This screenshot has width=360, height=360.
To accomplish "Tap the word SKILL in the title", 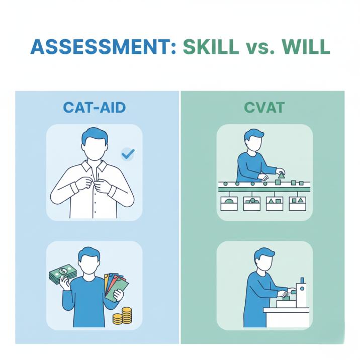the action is point(211,47).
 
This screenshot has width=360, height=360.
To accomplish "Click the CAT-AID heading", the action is point(95,107).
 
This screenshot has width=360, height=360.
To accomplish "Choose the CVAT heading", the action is point(264,107).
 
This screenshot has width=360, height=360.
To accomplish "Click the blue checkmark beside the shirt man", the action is point(128,154).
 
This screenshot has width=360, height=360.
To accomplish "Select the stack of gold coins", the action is point(122,316).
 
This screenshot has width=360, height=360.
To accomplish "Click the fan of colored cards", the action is point(116,287).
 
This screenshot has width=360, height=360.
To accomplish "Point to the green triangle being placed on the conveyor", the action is point(281,176).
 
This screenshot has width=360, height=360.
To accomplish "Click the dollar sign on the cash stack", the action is point(63,271).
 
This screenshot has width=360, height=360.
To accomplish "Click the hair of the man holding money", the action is point(89,253).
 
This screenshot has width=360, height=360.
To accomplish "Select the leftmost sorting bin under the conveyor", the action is point(229,204).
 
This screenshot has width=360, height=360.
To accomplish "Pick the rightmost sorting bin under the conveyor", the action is point(297,204).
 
